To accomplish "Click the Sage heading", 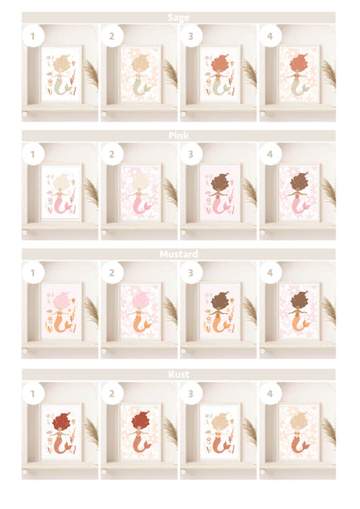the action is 178,18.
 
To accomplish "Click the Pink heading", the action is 178,136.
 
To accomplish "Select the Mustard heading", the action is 178,254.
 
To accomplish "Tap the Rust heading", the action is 178,375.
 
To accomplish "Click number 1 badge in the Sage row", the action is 33,36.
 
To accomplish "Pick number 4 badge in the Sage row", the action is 270,36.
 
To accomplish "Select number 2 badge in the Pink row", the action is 112,154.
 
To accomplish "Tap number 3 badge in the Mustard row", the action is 191,272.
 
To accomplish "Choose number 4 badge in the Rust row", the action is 270,394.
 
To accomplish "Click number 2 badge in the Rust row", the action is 112,394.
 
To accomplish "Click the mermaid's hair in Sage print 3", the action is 219,64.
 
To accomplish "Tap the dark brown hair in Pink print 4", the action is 299,182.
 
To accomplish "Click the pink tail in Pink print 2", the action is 140,206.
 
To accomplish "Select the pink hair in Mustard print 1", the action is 61,301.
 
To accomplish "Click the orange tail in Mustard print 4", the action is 299,325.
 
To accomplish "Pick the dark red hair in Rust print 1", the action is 61,422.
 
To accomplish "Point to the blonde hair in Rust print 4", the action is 299,422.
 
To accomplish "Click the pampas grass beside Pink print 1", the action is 92,193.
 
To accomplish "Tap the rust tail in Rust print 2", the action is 140,445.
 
